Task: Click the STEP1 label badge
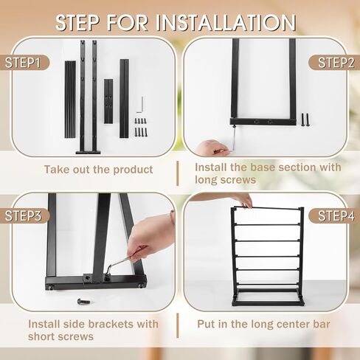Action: coord(24,63)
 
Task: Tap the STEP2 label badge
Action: coord(334,63)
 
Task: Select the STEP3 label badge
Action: coord(24,215)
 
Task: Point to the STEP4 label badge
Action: coord(334,215)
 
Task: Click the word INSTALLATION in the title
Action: coord(226,23)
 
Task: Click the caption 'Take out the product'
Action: coord(98,170)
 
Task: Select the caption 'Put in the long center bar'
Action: coord(263,324)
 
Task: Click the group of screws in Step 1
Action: coord(140,127)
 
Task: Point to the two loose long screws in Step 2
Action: coord(305,120)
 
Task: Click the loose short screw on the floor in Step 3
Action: coord(83,301)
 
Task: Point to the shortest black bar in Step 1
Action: coord(108,101)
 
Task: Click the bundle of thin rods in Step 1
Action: coord(70,100)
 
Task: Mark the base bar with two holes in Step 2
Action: coord(263,122)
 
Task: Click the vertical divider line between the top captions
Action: coord(178,173)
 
